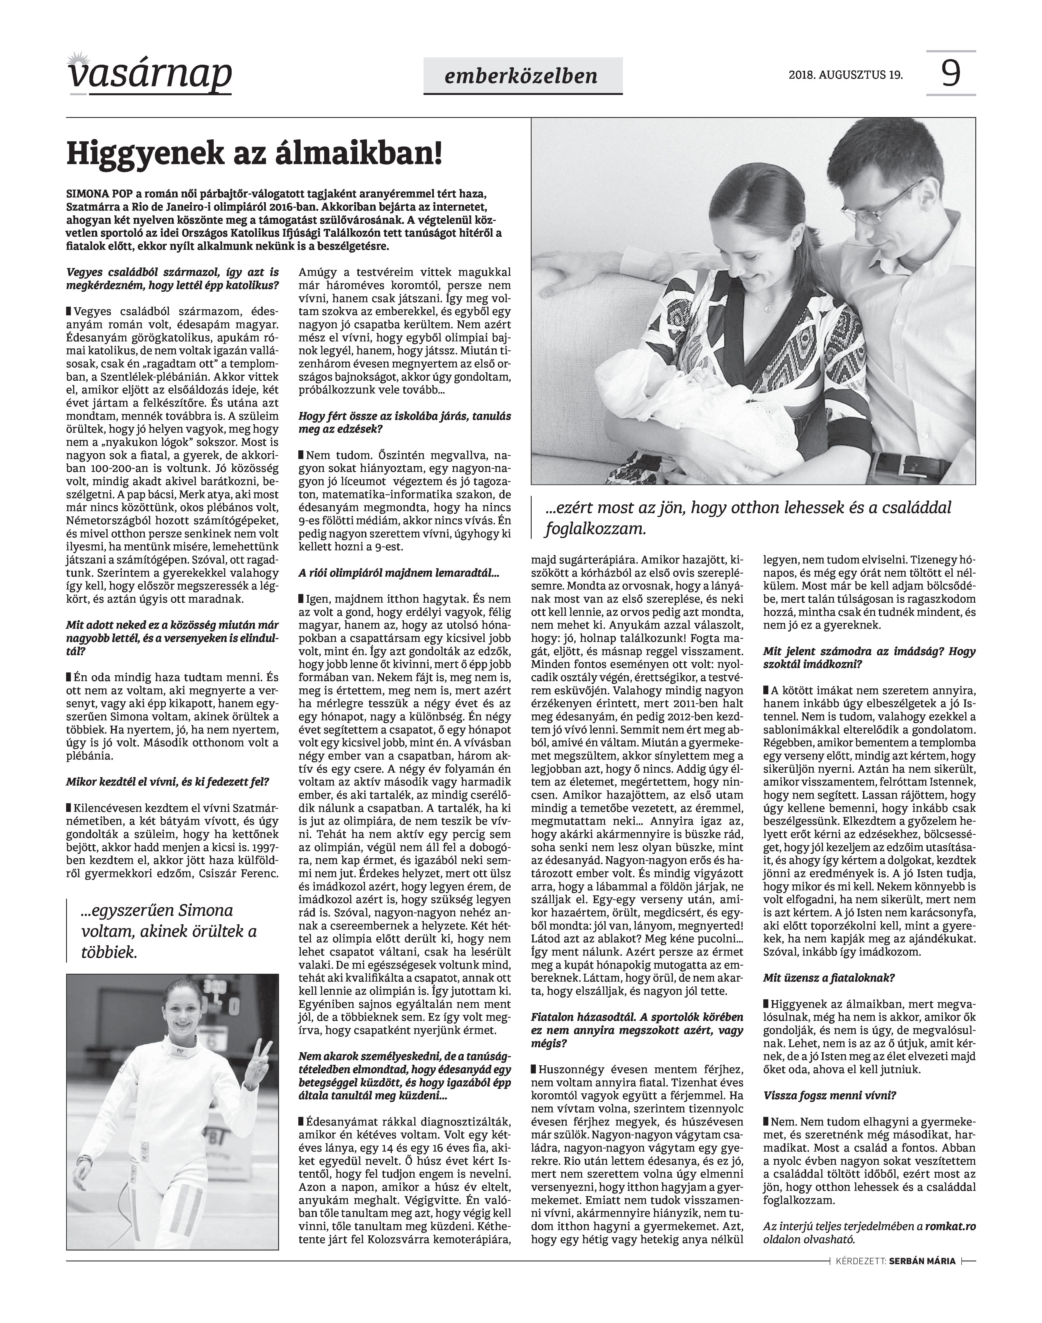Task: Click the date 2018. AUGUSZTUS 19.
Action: coord(845,75)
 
